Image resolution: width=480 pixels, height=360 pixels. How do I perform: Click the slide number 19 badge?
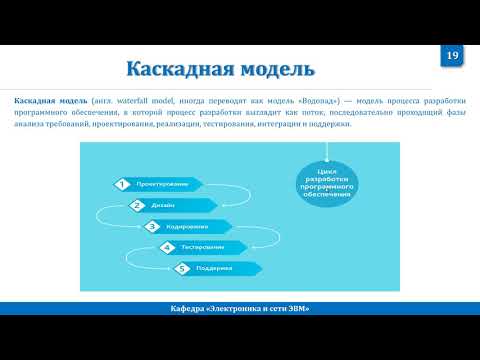[452, 57]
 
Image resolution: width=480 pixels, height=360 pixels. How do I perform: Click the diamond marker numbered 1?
[121, 184]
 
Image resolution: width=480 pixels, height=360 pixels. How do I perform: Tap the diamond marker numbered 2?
[137, 205]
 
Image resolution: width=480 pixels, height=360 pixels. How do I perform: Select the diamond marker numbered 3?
[152, 226]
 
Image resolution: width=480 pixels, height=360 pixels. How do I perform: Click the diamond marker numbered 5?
[182, 268]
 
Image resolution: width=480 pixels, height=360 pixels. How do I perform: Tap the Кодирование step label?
[187, 226]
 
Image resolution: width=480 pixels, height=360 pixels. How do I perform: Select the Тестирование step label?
[203, 247]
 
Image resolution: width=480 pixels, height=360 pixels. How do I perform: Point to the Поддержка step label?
[215, 268]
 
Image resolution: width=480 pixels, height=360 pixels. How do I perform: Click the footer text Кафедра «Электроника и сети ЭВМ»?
[240, 308]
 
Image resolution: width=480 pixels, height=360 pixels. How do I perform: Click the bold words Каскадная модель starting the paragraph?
[51, 102]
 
